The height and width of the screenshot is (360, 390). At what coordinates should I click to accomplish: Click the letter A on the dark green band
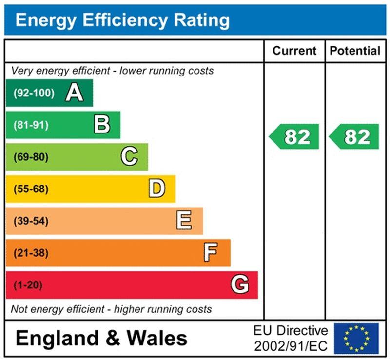[x=74, y=93]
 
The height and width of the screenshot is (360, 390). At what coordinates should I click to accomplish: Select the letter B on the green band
[x=101, y=125]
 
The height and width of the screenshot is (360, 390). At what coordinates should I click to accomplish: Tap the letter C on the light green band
[x=129, y=157]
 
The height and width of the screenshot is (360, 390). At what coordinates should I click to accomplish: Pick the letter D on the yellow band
[x=156, y=189]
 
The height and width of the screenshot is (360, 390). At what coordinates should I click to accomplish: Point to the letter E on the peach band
[x=184, y=221]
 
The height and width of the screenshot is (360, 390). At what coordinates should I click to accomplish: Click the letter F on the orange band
[x=211, y=253]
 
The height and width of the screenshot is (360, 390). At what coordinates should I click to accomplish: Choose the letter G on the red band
[x=240, y=285]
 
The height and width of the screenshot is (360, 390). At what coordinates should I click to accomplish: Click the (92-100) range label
[x=34, y=93]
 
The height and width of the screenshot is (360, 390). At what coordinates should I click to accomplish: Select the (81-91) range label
[x=31, y=125]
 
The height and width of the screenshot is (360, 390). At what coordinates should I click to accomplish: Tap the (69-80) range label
[x=31, y=157]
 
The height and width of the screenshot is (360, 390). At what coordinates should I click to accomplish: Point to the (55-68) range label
[x=31, y=189]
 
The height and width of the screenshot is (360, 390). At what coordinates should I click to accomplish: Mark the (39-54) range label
[x=31, y=221]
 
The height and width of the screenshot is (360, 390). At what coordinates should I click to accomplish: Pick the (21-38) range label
[x=31, y=253]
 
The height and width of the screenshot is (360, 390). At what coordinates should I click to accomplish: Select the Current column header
[x=294, y=51]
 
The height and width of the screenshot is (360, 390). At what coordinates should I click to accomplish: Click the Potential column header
[x=355, y=51]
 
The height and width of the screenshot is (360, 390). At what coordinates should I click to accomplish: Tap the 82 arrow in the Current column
[x=294, y=137]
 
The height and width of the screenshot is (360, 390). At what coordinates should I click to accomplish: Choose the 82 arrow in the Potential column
[x=354, y=137]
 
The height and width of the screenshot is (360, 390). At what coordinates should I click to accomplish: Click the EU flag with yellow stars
[x=356, y=338]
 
